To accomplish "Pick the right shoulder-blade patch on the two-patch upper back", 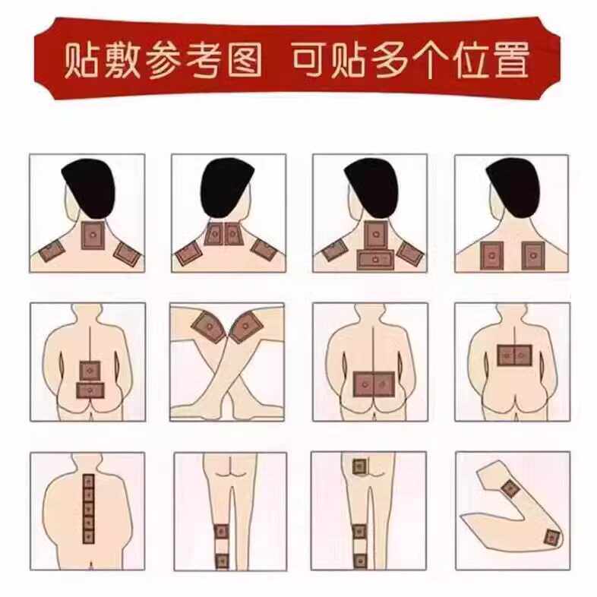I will [531, 255].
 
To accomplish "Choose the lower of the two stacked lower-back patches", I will [90, 390].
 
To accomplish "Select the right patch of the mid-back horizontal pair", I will [523, 353].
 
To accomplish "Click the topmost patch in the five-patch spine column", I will [88, 482].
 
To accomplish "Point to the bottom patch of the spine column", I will [88, 536].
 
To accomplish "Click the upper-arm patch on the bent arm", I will [510, 488].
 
